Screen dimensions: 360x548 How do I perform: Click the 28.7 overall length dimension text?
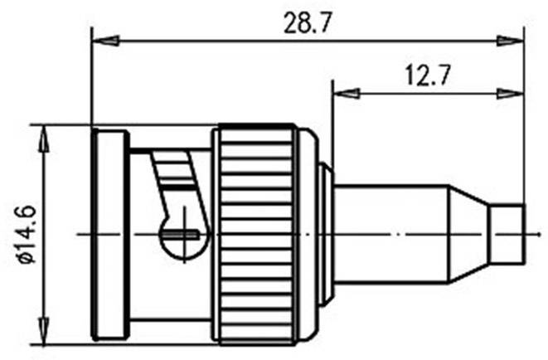coord(307,23)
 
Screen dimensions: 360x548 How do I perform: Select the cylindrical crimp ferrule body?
coord(390,234)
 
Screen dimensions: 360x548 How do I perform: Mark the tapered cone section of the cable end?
coord(468,234)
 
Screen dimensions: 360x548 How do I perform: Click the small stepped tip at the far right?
coord(507,234)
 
